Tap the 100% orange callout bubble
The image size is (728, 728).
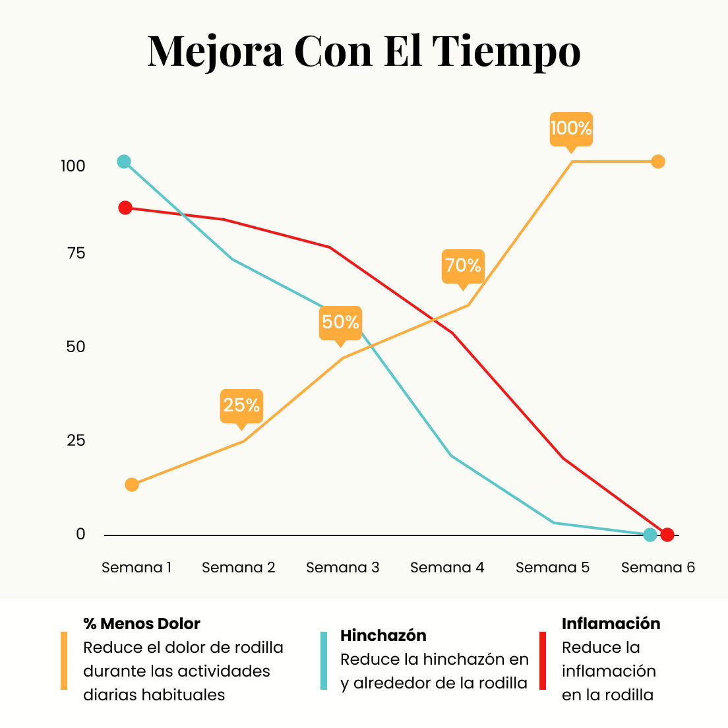pos(571,128)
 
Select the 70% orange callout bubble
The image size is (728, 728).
pos(463,265)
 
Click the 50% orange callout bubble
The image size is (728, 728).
pos(340,322)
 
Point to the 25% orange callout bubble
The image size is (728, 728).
pos(241,404)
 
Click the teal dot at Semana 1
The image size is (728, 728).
pos(124,162)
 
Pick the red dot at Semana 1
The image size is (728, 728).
pos(125,208)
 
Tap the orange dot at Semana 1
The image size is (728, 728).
pos(132,485)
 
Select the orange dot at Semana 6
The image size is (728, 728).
pos(657,162)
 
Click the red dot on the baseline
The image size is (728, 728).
pos(667,534)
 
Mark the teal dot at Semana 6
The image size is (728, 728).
pos(650,534)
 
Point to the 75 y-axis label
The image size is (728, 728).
pos(76,253)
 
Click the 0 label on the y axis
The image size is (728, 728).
pos(80,534)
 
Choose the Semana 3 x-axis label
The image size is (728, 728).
pos(342,568)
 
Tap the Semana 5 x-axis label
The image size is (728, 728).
pos(552,568)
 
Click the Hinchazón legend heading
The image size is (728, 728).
pos(383,636)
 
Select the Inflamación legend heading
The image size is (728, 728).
pos(611,624)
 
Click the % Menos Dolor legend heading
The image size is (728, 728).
pos(142,624)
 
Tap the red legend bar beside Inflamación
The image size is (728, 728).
pos(543,661)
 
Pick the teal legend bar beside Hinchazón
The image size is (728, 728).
pos(324,661)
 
